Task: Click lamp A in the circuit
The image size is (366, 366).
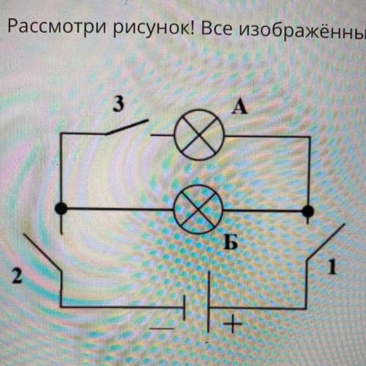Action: click(x=199, y=135)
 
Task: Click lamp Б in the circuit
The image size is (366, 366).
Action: click(x=198, y=209)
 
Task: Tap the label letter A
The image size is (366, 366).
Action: click(x=239, y=108)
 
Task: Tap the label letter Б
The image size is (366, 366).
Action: click(x=231, y=242)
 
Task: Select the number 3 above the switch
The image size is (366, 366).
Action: click(x=119, y=105)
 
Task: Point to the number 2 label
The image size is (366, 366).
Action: click(x=17, y=276)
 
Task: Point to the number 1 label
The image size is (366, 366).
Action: click(x=332, y=266)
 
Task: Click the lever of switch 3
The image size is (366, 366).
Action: click(x=127, y=127)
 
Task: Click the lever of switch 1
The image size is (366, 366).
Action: click(x=326, y=242)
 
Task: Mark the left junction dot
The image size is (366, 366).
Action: click(x=61, y=209)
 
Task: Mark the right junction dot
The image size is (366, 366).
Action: click(x=308, y=211)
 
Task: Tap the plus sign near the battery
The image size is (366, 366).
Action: click(x=233, y=324)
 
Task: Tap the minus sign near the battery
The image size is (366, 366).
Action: click(x=162, y=329)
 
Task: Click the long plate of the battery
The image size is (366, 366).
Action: click(x=209, y=302)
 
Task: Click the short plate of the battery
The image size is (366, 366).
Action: click(x=184, y=307)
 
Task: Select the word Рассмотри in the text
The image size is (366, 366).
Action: click(x=57, y=26)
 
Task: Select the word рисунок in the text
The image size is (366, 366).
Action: click(x=153, y=27)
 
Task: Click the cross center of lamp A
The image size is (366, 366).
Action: click(x=199, y=135)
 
